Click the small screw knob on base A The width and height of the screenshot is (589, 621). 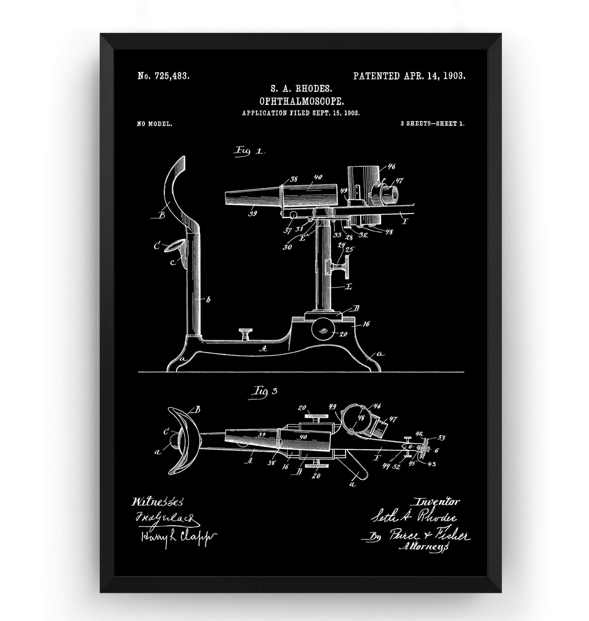coord(246,333)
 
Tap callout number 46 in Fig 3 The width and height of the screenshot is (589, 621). coord(377,406)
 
